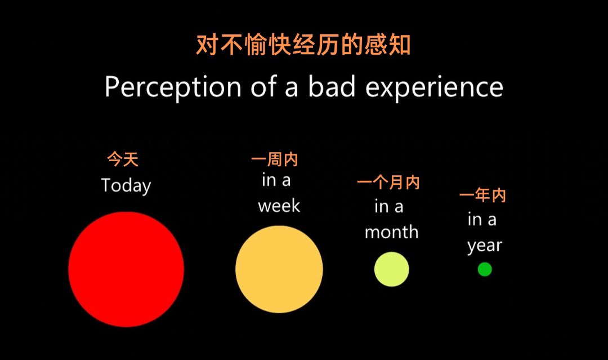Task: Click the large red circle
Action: (x=126, y=269)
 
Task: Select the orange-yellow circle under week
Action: (x=279, y=269)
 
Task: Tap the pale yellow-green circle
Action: (x=392, y=269)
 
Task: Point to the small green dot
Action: (x=485, y=269)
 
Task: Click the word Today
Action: (x=126, y=186)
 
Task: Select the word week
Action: (x=279, y=206)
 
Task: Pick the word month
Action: (x=392, y=232)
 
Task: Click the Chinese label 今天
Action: (x=123, y=159)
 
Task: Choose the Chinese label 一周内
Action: (x=275, y=159)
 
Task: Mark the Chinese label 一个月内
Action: (x=388, y=183)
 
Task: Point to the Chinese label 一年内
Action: (x=483, y=195)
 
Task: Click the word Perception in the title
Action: (x=173, y=87)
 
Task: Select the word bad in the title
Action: (x=332, y=86)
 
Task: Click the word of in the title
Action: (x=263, y=86)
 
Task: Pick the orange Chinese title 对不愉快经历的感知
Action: (x=303, y=45)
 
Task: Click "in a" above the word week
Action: (x=276, y=180)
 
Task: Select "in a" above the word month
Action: (x=389, y=206)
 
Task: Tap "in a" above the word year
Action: (x=482, y=219)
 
